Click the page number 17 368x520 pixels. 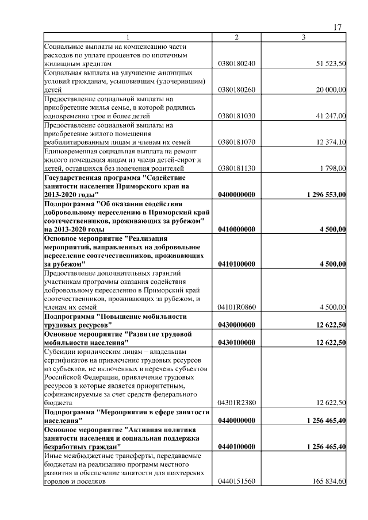pyautogui.click(x=338, y=28)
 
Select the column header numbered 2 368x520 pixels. pyautogui.click(x=236, y=37)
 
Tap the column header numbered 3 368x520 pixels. pyautogui.click(x=304, y=37)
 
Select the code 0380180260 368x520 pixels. pyautogui.click(x=236, y=90)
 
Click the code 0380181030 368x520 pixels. pyautogui.click(x=236, y=116)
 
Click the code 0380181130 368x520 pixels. pyautogui.click(x=236, y=168)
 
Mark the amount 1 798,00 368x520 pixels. pyautogui.click(x=333, y=168)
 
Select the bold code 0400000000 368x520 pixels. pyautogui.click(x=236, y=195)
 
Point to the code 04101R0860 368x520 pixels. pyautogui.click(x=236, y=307)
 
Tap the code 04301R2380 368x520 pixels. pyautogui.click(x=236, y=403)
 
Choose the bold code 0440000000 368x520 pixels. pyautogui.click(x=236, y=420)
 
